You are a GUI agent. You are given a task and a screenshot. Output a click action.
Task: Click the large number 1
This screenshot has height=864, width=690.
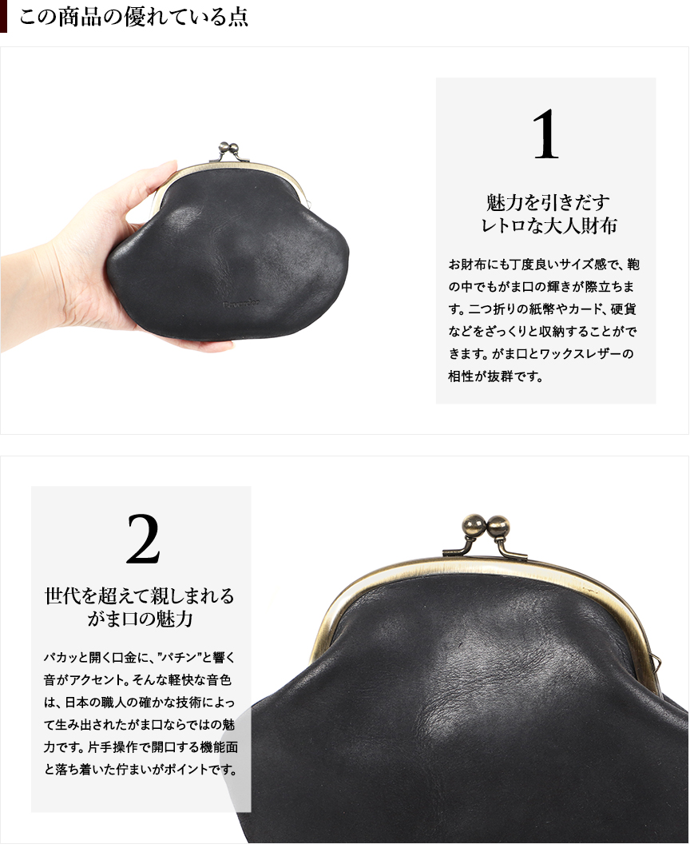[546, 134]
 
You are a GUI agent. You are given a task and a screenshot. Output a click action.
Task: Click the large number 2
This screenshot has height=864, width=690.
[143, 539]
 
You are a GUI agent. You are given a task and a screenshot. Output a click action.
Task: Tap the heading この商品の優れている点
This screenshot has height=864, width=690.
[134, 17]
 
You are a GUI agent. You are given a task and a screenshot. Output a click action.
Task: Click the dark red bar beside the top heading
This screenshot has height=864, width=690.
[3, 16]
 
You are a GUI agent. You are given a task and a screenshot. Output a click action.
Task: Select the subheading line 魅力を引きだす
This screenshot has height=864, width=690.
[548, 202]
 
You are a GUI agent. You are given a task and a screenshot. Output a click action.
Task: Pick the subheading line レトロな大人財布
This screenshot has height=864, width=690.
[549, 225]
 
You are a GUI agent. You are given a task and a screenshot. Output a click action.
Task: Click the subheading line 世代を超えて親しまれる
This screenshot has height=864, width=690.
[140, 595]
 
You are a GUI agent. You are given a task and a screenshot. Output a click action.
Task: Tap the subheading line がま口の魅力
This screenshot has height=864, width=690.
[140, 619]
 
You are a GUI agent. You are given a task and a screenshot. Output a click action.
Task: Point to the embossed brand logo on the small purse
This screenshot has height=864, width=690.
[241, 304]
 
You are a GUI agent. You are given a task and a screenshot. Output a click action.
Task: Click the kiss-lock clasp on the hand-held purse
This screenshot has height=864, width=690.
[228, 150]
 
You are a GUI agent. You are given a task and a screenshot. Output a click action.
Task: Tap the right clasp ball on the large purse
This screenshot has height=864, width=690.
[498, 525]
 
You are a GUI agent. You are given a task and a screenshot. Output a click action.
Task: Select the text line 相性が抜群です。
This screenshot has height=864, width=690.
[496, 376]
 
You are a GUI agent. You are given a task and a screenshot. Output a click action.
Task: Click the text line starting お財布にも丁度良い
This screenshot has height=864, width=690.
[544, 265]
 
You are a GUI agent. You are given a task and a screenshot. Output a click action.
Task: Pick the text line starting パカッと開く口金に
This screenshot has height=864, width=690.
[139, 657]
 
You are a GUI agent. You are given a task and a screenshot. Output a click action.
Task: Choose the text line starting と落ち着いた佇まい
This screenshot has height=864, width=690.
[141, 770]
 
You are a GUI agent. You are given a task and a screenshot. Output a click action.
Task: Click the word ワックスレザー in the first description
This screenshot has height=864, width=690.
[573, 354]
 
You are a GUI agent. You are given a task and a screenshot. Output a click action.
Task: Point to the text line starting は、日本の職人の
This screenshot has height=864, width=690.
[139, 703]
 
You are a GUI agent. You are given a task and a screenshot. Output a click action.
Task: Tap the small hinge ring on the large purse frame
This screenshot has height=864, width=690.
[656, 659]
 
